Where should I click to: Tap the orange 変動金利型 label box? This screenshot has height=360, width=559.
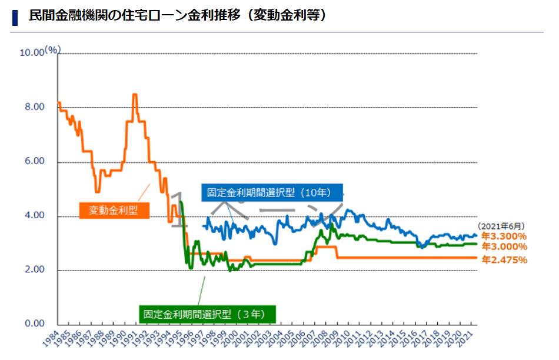[x=113, y=210]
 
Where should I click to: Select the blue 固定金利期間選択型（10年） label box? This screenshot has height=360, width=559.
[x=272, y=192]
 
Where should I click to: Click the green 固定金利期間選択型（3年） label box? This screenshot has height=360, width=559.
[x=207, y=314]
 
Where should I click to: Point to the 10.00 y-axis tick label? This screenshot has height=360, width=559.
[x=32, y=53]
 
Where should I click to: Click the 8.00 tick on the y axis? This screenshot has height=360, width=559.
[x=34, y=107]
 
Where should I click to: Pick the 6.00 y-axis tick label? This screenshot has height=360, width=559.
[x=34, y=162]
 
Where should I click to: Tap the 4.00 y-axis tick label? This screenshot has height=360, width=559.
[x=34, y=216]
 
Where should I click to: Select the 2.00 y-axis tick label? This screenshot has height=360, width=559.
[x=34, y=271]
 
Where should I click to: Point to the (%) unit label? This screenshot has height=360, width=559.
[x=52, y=50]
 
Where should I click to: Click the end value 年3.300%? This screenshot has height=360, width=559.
[x=504, y=236]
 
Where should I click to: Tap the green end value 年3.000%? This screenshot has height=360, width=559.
[x=504, y=246]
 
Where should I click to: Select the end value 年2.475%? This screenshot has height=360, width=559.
[x=504, y=259]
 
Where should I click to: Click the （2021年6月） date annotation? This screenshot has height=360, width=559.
[x=501, y=225]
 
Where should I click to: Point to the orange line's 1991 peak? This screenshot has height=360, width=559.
[x=135, y=95]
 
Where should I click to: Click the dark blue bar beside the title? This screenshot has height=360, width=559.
[x=15, y=16]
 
